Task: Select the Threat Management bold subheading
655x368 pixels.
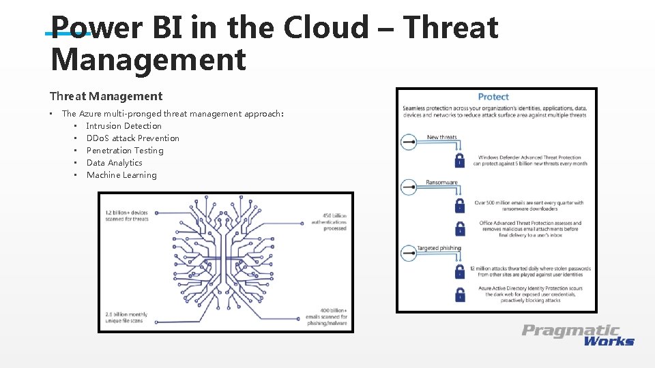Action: [x=106, y=96]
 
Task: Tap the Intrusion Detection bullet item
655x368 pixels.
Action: [x=124, y=126]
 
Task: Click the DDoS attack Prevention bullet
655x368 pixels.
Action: [x=133, y=138]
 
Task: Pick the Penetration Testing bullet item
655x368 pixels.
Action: [x=125, y=151]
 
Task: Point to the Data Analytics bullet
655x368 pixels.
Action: [x=115, y=163]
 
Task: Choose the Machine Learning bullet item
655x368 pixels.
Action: [x=121, y=175]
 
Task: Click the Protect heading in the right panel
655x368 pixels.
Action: [x=493, y=97]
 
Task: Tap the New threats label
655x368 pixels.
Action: [x=441, y=138]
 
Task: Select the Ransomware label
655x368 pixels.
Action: [x=441, y=183]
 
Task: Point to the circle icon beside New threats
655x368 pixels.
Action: [x=408, y=142]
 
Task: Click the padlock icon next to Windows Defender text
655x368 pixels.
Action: [x=460, y=161]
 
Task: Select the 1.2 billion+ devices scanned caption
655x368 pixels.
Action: [x=126, y=216]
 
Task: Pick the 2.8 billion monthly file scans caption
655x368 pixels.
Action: [x=126, y=318]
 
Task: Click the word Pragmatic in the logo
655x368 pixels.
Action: [x=571, y=331]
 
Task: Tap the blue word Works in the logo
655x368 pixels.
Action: [x=609, y=341]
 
